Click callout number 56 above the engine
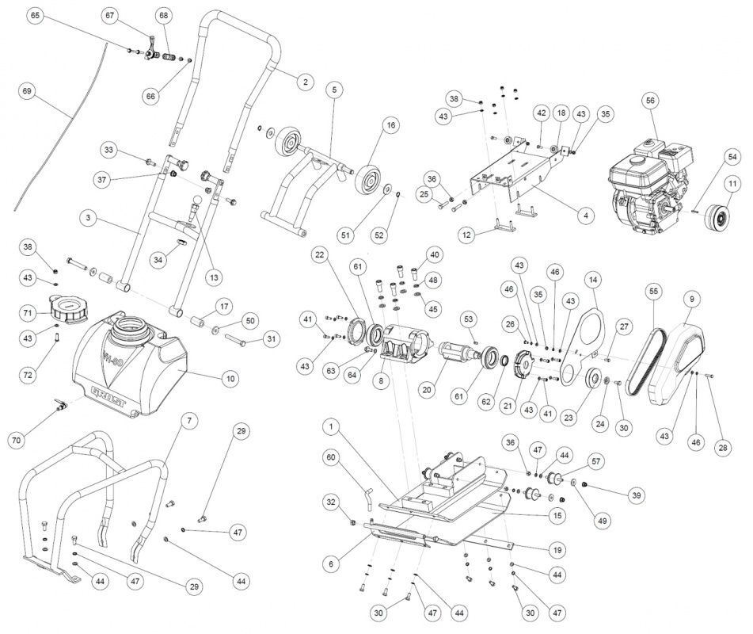coord(650,101)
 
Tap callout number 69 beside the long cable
coord(27,91)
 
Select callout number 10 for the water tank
coord(230,378)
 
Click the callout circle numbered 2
coord(305,82)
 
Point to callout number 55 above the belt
coord(653,292)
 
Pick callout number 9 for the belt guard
coord(692,299)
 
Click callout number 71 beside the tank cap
coord(28,313)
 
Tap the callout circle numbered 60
coord(331,457)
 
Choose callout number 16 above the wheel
coord(391,125)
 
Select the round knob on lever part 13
coord(197,200)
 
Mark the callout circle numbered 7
coord(189,421)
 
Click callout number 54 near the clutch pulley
coord(732,157)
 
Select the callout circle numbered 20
coord(427,390)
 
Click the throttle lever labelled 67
coord(151,49)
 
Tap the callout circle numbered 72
coord(28,374)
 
